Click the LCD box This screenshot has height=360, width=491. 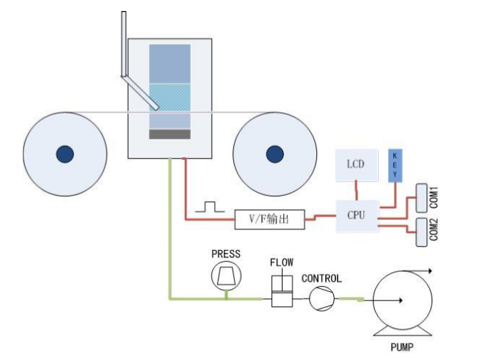357,165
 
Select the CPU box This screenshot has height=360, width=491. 357,216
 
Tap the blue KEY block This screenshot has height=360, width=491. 395,166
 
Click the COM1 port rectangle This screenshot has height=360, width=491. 421,198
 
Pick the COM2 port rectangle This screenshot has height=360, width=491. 421,232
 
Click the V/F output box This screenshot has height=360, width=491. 269,219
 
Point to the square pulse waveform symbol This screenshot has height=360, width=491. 210,207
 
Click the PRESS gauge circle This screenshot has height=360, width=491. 226,276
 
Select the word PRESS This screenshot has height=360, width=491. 226,254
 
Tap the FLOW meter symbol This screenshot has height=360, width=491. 282,291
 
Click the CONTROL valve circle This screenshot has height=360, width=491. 322,298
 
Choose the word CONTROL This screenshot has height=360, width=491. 321,279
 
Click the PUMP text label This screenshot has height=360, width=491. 401,347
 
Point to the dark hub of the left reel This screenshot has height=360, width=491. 65,154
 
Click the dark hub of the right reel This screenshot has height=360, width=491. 275,154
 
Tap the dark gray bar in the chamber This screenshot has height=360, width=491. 170,134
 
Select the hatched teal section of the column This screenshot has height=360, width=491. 170,98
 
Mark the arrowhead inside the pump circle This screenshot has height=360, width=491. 401,301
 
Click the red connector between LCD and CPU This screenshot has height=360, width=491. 356,190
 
